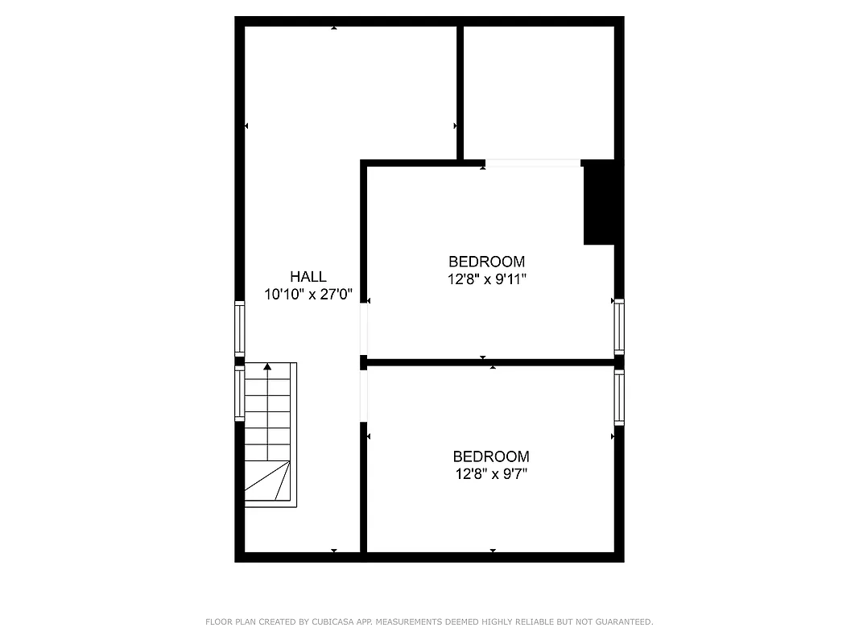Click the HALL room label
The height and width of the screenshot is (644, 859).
tap(308, 277)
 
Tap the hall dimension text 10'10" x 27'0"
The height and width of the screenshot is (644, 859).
tap(308, 295)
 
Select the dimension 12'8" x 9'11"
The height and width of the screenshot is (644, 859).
tap(486, 279)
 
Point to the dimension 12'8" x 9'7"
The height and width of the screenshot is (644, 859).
tap(490, 473)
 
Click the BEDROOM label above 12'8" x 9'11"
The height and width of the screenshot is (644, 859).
tap(486, 262)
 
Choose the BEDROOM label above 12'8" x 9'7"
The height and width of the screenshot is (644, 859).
tap(490, 456)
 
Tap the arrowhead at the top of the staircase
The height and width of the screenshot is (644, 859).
tap(267, 367)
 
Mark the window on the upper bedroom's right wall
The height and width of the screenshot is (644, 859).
tap(618, 326)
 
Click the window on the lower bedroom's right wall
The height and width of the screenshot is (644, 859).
tap(618, 397)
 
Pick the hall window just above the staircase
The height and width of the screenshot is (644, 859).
tap(239, 328)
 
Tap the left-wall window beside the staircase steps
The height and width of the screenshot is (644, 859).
tap(239, 394)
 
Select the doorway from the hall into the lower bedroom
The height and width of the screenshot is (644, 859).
tap(364, 395)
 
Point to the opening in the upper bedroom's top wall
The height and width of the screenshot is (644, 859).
tap(532, 163)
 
